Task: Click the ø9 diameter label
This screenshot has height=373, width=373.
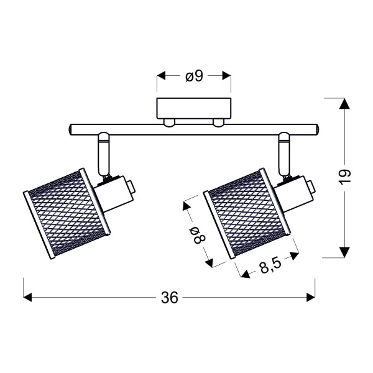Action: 194,76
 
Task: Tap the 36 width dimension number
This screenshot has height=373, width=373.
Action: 169,298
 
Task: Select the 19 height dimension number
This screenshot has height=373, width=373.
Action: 346,177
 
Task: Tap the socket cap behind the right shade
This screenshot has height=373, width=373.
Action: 305,186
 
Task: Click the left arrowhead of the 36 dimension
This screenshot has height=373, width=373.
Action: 28,297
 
